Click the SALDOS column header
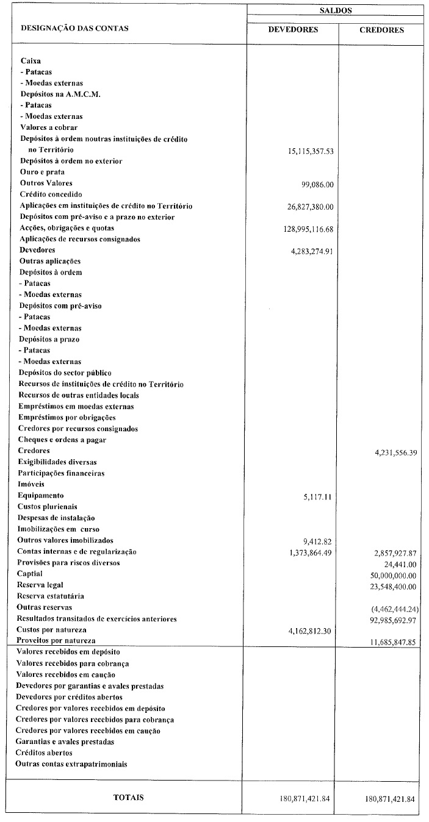[x=335, y=10]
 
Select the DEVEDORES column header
[x=293, y=30]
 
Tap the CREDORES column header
[x=381, y=30]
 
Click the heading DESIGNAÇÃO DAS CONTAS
[x=75, y=28]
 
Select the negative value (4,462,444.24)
[x=394, y=608]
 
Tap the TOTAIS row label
[x=129, y=797]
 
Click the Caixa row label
[x=31, y=61]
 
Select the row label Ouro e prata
[x=42, y=172]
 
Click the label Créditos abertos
[x=44, y=752]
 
